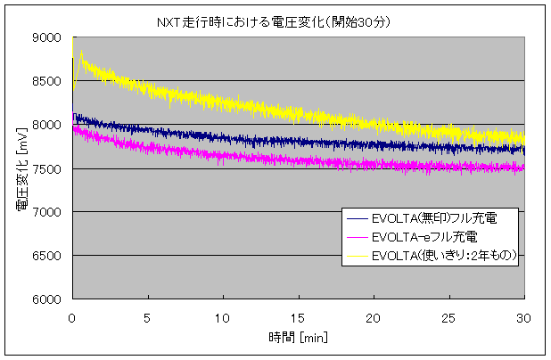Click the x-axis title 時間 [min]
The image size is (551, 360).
tap(298, 337)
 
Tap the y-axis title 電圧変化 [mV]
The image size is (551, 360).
tap(21, 168)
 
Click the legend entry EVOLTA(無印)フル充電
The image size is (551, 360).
tap(427, 219)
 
